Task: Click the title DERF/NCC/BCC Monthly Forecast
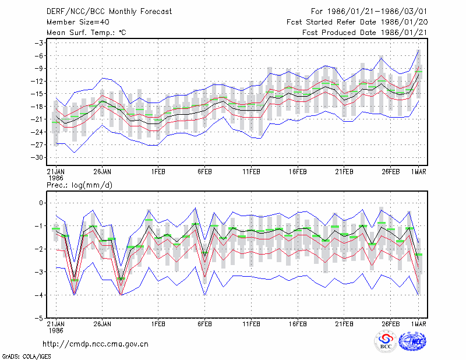point(109,12)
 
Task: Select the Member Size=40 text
point(78,22)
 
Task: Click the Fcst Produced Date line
point(365,33)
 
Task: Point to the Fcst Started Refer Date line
point(357,22)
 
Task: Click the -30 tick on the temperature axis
point(37,157)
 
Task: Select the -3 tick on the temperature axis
point(39,43)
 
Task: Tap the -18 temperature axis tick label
point(37,107)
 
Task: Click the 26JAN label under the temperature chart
point(103,172)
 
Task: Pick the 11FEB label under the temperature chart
point(252,172)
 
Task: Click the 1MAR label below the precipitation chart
point(419,324)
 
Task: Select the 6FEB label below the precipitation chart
point(204,324)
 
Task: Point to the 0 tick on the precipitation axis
point(41,203)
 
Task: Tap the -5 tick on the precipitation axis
point(38,318)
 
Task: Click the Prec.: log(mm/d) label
point(79,185)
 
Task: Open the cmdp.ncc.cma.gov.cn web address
point(96,344)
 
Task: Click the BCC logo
point(386,341)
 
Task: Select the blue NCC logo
point(412,341)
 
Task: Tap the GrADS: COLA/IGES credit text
point(26,357)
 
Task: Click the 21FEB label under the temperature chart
point(344,172)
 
